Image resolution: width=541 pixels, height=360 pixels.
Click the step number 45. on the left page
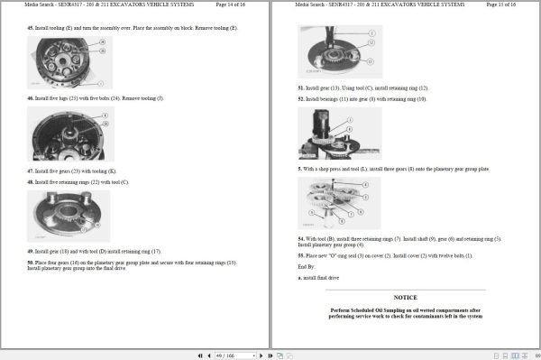coord(31,28)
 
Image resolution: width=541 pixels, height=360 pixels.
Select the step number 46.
coord(31,97)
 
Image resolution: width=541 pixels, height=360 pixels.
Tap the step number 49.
coord(31,251)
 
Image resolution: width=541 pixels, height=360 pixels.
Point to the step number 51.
coord(301,88)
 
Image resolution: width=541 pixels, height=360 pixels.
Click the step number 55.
coord(301,256)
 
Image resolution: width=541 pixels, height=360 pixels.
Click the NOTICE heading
coord(405,297)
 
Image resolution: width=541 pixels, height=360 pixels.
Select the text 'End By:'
coord(307,266)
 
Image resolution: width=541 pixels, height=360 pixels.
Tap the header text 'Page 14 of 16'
coord(235,5)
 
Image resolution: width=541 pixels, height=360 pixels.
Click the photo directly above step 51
coord(339,52)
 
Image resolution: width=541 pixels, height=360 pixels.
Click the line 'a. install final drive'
coord(318,278)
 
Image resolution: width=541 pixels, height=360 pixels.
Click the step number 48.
coord(31,181)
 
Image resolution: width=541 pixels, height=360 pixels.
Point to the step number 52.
coord(301,98)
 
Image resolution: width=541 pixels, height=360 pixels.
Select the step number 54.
coord(301,239)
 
